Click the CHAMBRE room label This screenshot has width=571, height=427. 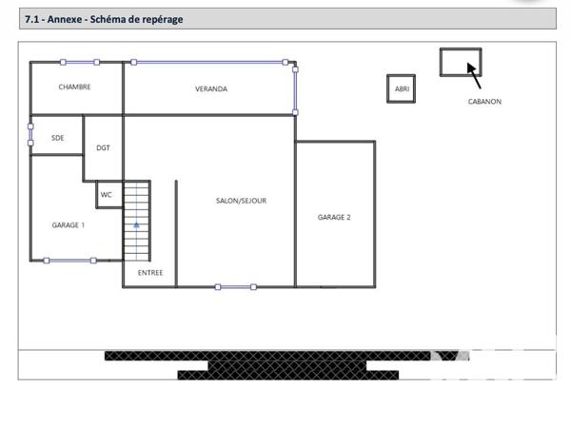74,87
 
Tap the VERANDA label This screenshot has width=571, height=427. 211,89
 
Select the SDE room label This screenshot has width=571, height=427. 58,138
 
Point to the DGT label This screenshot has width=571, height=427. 103,148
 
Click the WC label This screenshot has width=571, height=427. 107,195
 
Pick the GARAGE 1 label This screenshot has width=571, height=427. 69,225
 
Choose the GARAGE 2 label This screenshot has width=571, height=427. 334,218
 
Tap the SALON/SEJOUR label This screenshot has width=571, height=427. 241,201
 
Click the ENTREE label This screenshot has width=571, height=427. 150,273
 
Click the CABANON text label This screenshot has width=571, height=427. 484,102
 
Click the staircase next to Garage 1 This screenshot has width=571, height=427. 137,221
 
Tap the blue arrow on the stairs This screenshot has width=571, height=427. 137,225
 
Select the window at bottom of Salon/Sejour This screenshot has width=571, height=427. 235,286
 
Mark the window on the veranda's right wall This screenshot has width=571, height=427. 295,88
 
